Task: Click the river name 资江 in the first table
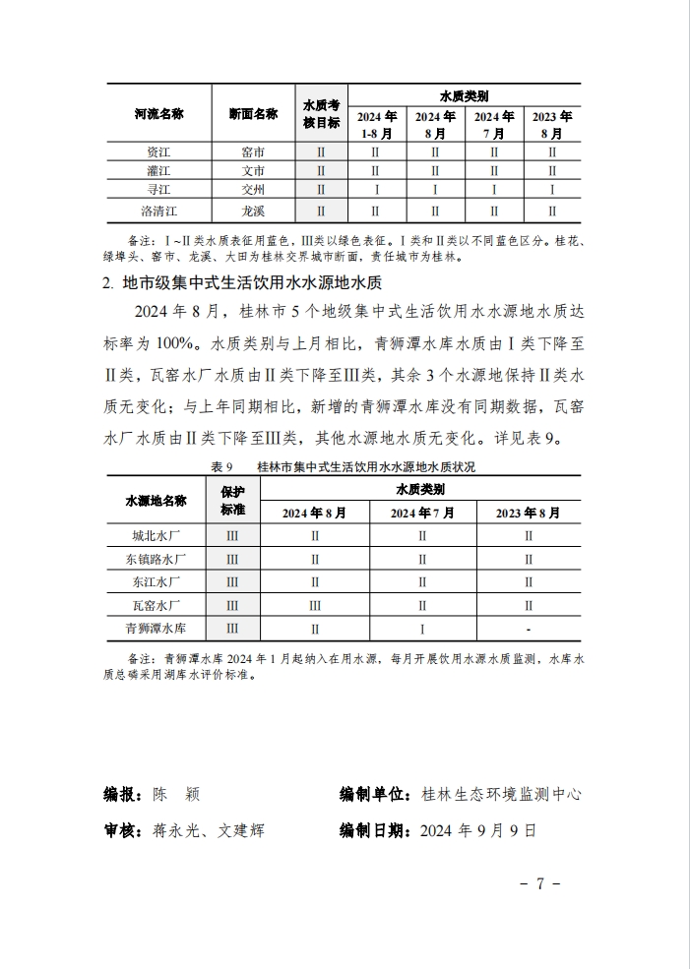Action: pos(158,152)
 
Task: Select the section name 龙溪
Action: pos(252,210)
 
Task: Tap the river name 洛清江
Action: pos(158,210)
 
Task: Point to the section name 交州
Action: pos(252,189)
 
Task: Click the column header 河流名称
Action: pos(158,114)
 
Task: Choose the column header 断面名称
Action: pos(252,114)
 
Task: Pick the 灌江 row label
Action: pos(158,171)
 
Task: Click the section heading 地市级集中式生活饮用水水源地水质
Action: pos(250,283)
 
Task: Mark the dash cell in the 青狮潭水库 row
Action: pos(529,628)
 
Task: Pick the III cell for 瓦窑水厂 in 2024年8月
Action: pos(315,605)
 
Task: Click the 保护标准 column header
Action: pos(232,501)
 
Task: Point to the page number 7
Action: pos(540,882)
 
